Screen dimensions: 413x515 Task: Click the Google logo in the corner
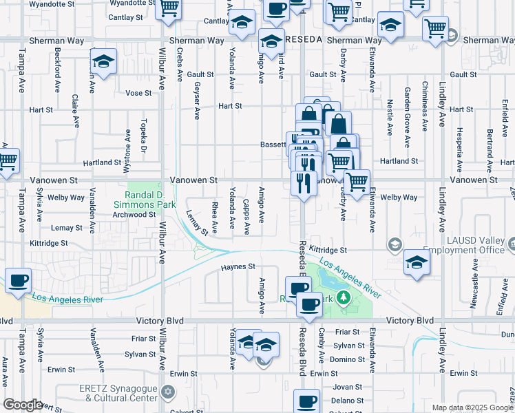[x=23, y=405]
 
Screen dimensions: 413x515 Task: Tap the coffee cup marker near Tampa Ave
[x=19, y=280]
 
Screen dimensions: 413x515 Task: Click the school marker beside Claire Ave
[x=103, y=63]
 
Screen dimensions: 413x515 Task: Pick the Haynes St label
[x=238, y=266]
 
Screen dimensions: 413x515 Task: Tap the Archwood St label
[x=134, y=215]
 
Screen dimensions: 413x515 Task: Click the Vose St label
[x=138, y=93]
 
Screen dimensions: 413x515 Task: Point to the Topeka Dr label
[x=145, y=129]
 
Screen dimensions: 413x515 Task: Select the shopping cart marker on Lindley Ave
[x=435, y=29]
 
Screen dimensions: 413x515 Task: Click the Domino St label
[x=347, y=360]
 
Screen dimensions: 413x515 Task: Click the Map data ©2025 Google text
[x=472, y=407]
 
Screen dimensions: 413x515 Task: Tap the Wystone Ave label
[x=127, y=142]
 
